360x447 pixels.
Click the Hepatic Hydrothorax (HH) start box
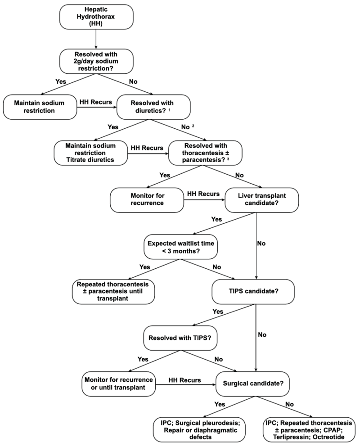96,17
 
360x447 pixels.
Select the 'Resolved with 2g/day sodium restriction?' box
96,61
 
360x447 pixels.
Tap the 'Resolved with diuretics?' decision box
153,107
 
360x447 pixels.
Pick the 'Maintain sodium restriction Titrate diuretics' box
90,153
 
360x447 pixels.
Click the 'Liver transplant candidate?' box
261,199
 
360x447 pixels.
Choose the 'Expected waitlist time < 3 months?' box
181,247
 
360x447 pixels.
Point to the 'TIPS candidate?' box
253,291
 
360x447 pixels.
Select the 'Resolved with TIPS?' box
180,338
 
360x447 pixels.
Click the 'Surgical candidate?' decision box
253,384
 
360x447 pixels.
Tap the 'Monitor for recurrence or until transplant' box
118,384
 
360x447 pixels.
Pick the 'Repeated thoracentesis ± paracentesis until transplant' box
113,291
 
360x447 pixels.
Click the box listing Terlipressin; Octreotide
309,430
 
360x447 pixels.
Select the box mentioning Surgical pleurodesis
199,430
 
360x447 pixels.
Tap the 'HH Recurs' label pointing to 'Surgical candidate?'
184,380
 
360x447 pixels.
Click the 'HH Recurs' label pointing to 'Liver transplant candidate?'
203,194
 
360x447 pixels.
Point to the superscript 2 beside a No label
193,126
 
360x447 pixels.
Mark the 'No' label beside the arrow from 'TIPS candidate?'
262,334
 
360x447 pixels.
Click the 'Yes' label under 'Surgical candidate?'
220,404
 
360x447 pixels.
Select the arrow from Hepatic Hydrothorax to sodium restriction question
96,39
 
